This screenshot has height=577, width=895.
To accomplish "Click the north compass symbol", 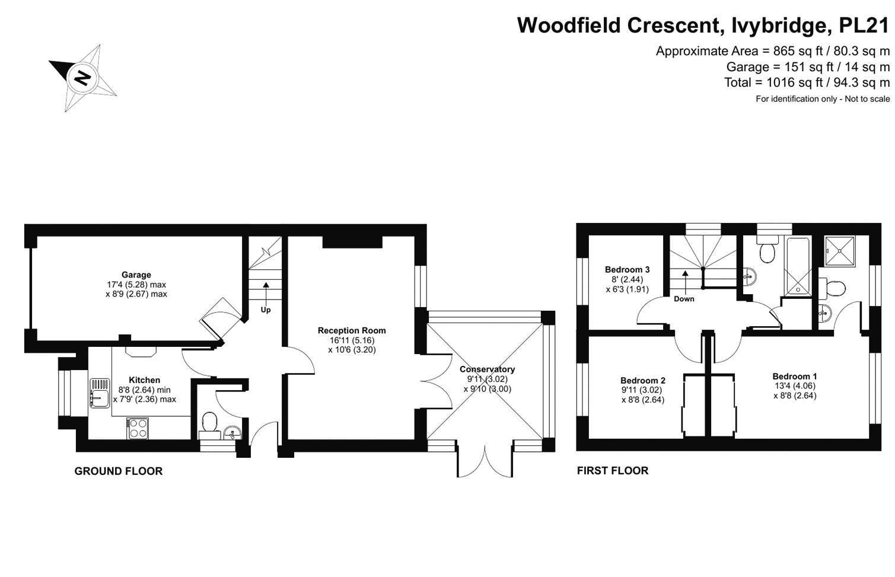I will tap(82, 77).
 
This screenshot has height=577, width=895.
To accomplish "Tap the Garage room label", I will tap(136, 275).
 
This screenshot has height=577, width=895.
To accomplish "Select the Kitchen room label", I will tap(144, 380).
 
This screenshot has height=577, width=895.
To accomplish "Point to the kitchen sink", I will tap(99, 394).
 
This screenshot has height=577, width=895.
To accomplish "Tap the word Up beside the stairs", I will tap(266, 310).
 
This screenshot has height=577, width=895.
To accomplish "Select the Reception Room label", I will tap(352, 330).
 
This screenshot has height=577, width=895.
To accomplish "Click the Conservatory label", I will tap(487, 369).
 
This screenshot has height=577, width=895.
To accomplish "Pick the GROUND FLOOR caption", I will tap(118, 471).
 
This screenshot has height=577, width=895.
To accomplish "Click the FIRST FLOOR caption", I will tap(613, 471).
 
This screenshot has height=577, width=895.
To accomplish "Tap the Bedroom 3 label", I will tap(627, 269).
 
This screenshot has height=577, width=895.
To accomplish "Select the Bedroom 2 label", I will tap(643, 380).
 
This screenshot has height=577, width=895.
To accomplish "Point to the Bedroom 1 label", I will tap(795, 376).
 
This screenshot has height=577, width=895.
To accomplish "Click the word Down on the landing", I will tap(684, 299).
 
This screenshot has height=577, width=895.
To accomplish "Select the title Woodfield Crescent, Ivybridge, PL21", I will tap(703, 25).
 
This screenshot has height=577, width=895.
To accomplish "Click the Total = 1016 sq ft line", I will tap(807, 82).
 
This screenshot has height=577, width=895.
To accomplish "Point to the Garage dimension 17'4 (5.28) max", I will tap(136, 285).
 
